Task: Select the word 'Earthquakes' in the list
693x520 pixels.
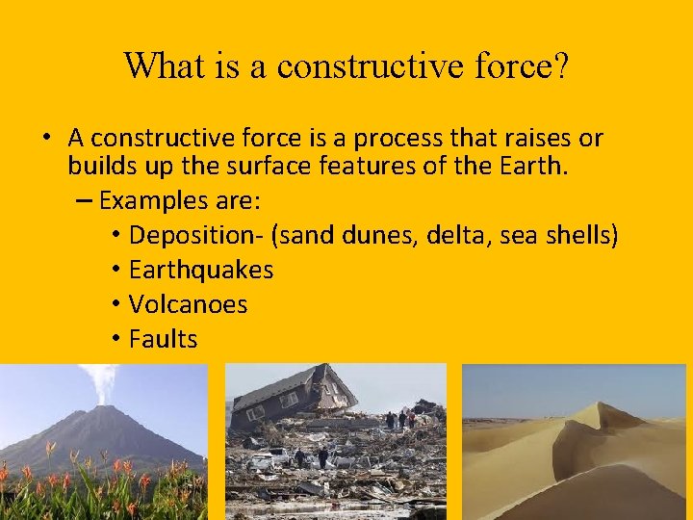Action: [x=201, y=270]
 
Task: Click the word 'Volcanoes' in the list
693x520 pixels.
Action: [x=188, y=304]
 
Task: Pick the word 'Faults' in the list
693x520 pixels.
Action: [x=163, y=339]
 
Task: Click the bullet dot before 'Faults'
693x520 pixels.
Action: [x=115, y=339]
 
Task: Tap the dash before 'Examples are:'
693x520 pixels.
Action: [x=82, y=200]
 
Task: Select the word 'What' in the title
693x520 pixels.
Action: [x=160, y=65]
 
